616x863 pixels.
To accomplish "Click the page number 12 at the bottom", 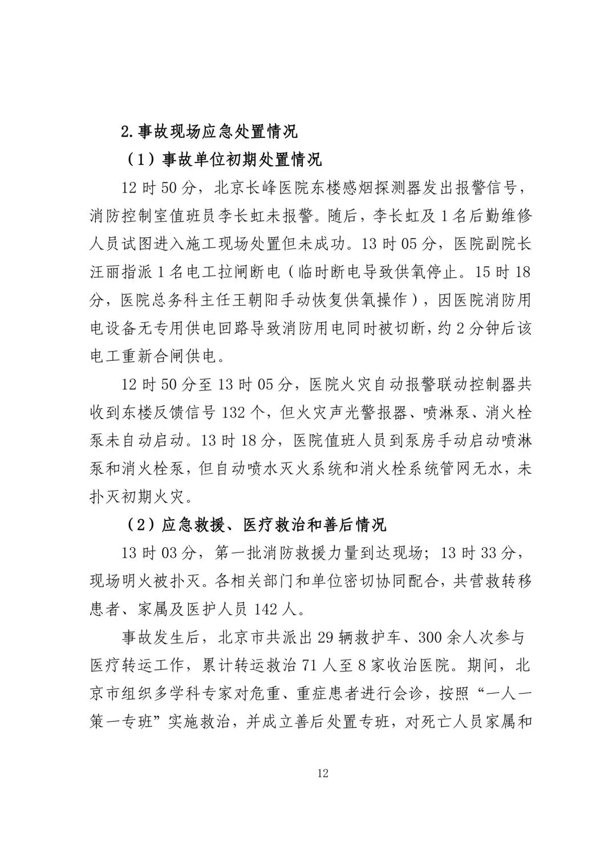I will click(x=323, y=774).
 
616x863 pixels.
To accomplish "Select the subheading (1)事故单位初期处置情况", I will click(x=224, y=159).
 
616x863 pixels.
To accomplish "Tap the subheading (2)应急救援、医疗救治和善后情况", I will click(x=256, y=524).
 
